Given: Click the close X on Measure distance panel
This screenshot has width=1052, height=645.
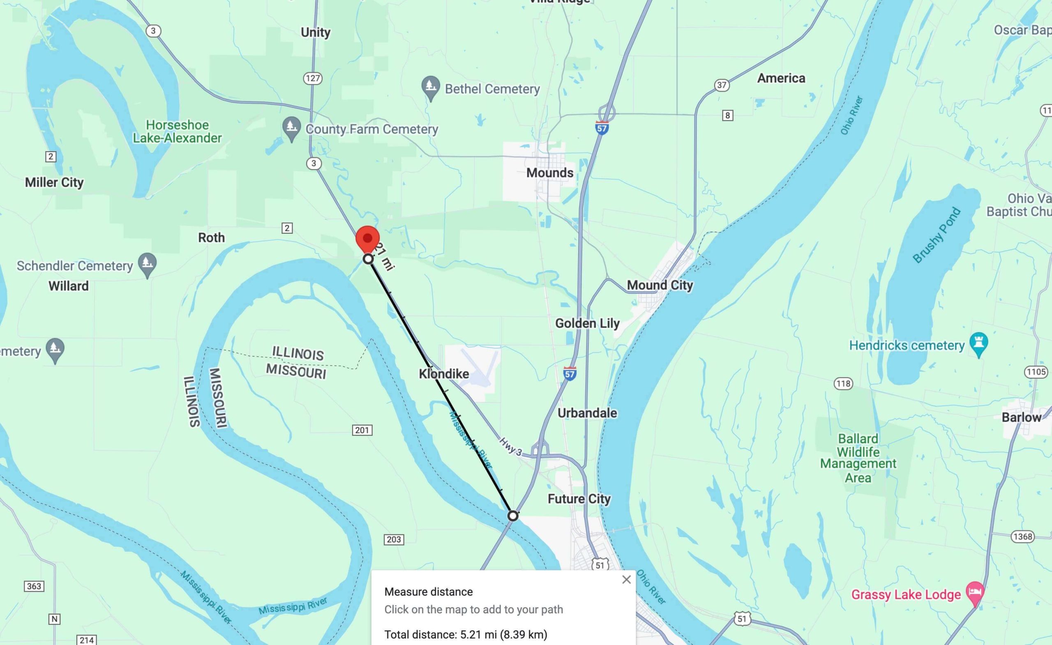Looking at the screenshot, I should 626,580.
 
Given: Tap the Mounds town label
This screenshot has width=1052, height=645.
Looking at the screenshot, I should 549,173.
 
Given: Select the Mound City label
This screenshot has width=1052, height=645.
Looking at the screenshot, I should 660,285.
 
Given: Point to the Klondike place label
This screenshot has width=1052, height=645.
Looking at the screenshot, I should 443,374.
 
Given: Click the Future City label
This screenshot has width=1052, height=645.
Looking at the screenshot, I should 579,499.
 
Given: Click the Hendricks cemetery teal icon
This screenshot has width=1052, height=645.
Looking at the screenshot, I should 979,344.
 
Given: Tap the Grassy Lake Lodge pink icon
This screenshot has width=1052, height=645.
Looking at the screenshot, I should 975,593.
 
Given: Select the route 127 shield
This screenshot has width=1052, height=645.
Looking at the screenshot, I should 313,78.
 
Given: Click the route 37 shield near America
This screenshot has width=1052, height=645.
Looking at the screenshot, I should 721,85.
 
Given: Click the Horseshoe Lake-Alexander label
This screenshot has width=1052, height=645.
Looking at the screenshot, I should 177,131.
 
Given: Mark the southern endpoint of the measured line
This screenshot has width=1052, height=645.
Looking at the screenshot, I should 513,516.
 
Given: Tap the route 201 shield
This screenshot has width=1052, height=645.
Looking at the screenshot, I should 362,430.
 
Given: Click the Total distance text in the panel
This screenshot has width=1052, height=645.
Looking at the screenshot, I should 465,634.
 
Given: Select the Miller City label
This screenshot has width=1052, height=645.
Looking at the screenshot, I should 54,182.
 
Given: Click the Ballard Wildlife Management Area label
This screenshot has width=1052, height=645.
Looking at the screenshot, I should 858,458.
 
